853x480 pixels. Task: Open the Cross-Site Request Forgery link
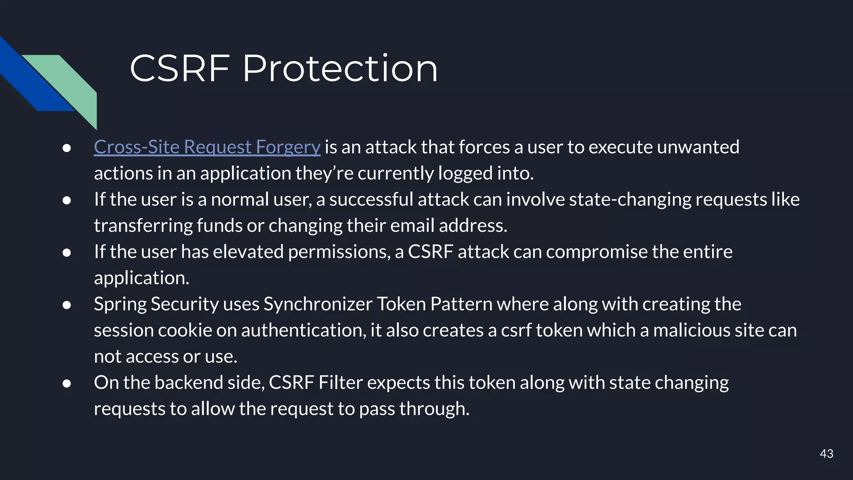coord(207,147)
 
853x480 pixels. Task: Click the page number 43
coord(826,454)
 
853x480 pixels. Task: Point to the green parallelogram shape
coord(71,83)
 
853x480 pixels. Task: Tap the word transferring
coord(143,225)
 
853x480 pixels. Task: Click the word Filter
coord(340,382)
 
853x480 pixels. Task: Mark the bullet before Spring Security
coord(67,305)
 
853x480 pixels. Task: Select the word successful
coord(371,199)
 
